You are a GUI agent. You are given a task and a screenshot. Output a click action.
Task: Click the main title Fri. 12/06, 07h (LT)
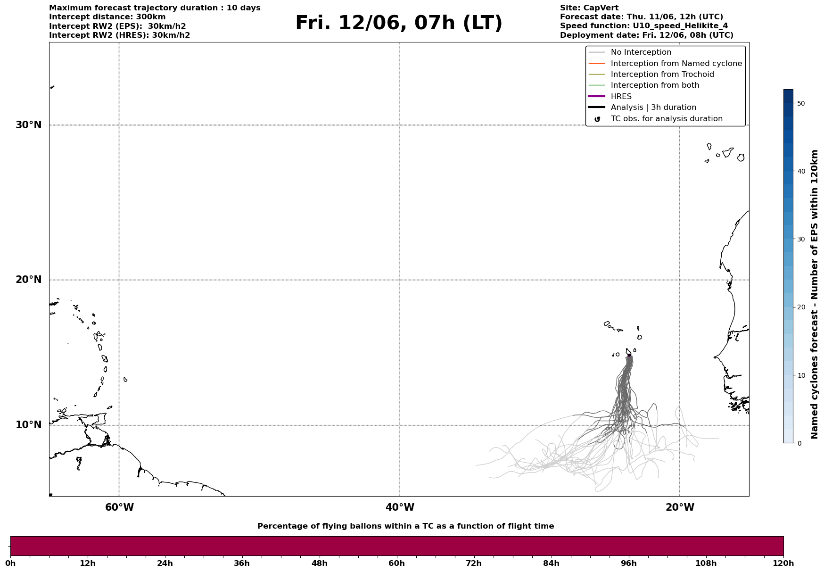coord(399,23)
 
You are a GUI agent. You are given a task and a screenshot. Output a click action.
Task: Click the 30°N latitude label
coord(28,125)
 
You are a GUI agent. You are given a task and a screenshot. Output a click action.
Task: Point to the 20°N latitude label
coord(28,280)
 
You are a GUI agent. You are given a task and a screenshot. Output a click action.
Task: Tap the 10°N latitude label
coord(28,425)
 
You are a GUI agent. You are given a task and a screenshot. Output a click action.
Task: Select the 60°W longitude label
coord(119,507)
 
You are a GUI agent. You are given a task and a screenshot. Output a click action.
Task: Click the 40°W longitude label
coord(400,507)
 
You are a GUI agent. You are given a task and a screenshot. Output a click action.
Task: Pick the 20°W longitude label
coord(680,507)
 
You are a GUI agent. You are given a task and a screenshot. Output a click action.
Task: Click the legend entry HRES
coord(621,97)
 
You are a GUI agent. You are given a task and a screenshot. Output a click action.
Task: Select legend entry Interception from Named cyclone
coord(676,64)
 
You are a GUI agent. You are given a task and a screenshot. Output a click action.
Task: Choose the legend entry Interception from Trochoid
coord(662,75)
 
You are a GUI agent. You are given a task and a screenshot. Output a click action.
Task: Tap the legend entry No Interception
coord(641,52)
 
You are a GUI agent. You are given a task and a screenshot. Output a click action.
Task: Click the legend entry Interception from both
coord(655,85)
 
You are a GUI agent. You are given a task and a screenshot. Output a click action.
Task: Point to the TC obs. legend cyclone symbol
coord(597,119)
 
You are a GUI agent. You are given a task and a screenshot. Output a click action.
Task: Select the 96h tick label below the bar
coord(628,564)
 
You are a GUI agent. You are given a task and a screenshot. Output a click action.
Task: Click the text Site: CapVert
coord(589,8)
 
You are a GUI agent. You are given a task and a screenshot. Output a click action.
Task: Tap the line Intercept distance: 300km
coord(107,17)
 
